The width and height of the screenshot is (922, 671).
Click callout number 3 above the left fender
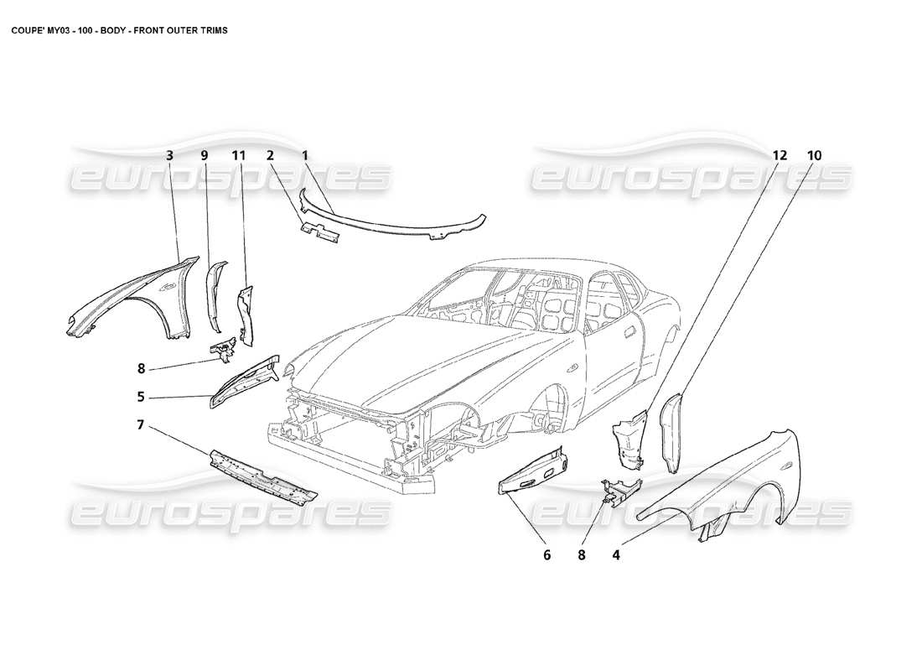point(169,155)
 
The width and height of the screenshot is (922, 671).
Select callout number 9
point(204,155)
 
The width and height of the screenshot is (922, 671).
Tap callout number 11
point(238,155)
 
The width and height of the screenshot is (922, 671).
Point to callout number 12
point(780,155)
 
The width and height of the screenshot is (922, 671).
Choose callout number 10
point(815,155)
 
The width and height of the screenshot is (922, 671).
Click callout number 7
point(141,426)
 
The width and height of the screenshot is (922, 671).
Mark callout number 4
point(616,554)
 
